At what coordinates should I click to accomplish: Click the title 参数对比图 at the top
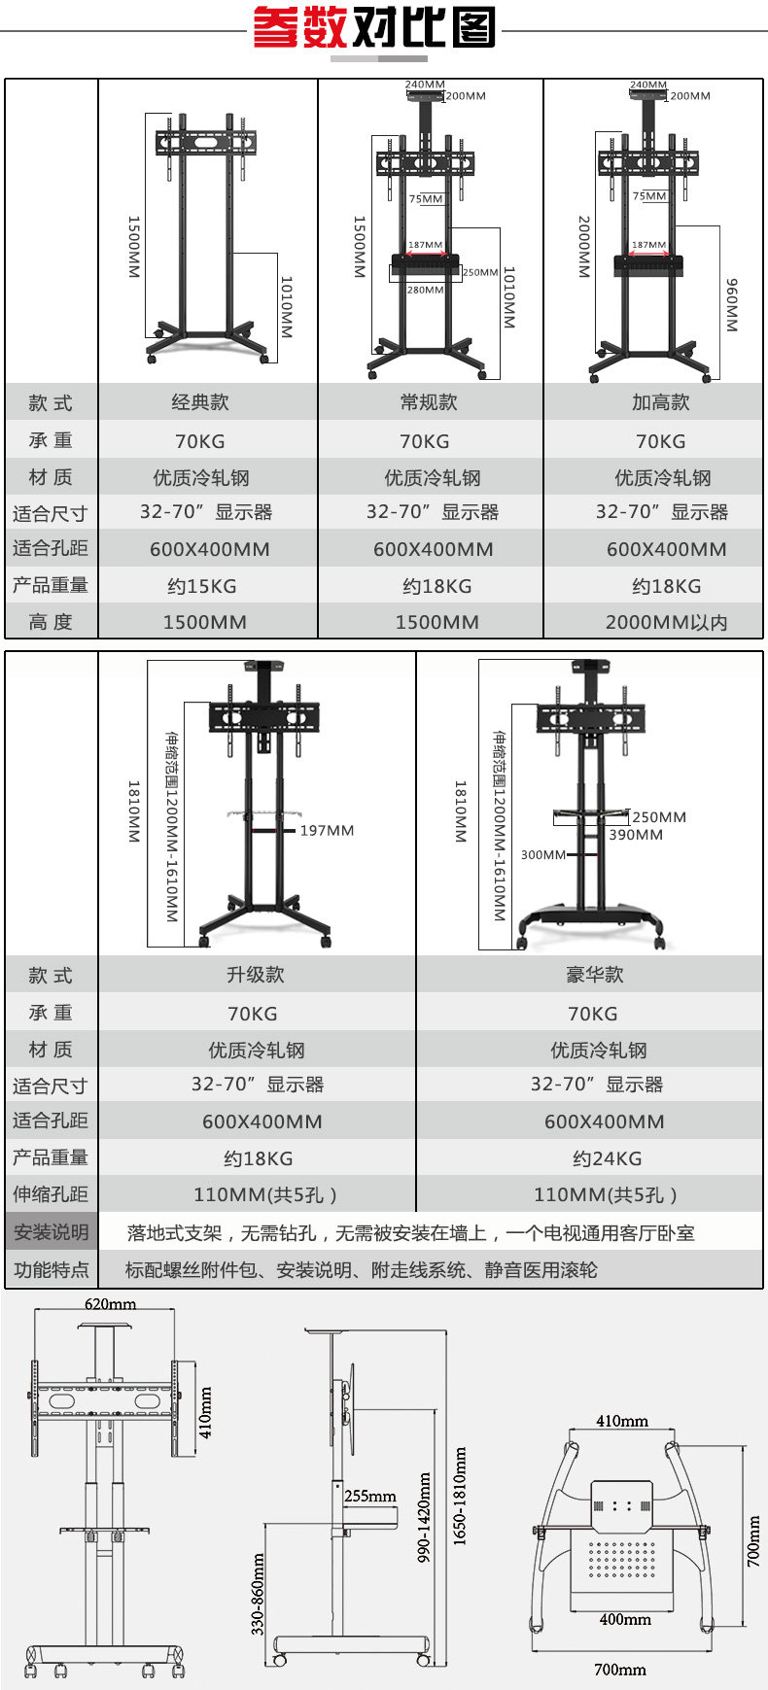[x=374, y=27]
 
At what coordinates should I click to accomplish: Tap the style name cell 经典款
[x=200, y=402]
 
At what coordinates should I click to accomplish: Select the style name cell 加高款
[x=660, y=402]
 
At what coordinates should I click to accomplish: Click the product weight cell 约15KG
[x=201, y=586]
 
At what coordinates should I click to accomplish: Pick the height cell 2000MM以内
[x=666, y=622]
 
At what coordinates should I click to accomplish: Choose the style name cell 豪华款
[x=594, y=975]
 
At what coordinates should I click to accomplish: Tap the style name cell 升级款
[x=256, y=975]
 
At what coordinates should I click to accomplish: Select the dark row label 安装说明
[x=52, y=1232]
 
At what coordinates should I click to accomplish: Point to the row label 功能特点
[x=52, y=1269]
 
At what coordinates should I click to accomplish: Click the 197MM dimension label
[x=327, y=831]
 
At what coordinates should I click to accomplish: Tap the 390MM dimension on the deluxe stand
[x=636, y=835]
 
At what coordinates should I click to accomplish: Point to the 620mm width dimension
[x=110, y=1304]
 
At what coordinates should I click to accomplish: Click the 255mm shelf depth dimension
[x=370, y=1496]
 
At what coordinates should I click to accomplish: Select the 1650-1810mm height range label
[x=460, y=1497]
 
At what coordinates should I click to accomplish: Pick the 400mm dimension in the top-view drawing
[x=625, y=1619]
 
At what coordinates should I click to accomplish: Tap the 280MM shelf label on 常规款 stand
[x=425, y=290]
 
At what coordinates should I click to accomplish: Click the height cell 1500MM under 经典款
[x=204, y=622]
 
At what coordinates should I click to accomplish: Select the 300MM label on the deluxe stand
[x=542, y=855]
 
